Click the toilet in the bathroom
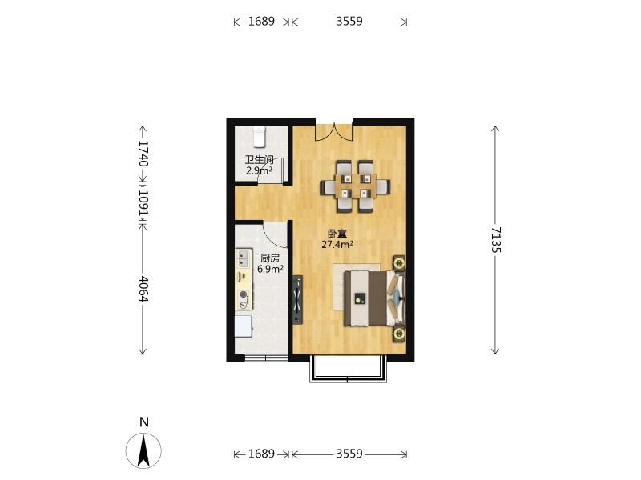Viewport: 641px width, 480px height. pyautogui.click(x=260, y=137)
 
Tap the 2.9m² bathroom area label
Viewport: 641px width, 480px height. pyautogui.click(x=260, y=170)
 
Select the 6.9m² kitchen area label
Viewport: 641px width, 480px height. pyautogui.click(x=270, y=269)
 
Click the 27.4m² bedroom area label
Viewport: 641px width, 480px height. pyautogui.click(x=337, y=245)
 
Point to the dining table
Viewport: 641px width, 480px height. pyautogui.click(x=355, y=186)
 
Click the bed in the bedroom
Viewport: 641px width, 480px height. pyautogui.click(x=370, y=298)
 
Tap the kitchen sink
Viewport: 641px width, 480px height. pyautogui.click(x=244, y=258)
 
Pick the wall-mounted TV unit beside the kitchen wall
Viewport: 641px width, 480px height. pyautogui.click(x=297, y=300)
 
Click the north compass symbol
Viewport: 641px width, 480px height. pyautogui.click(x=143, y=450)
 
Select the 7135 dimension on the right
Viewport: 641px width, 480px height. pyautogui.click(x=495, y=240)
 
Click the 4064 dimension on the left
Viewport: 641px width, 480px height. pyautogui.click(x=143, y=289)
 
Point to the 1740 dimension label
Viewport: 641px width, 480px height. pyautogui.click(x=143, y=154)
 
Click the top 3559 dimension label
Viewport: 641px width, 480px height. pyautogui.click(x=349, y=22)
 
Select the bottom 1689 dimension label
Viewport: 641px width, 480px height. pyautogui.click(x=261, y=454)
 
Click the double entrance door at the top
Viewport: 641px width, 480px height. pyautogui.click(x=334, y=130)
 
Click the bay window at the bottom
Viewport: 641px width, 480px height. pyautogui.click(x=349, y=370)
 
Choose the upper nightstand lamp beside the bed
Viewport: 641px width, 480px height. pyautogui.click(x=399, y=262)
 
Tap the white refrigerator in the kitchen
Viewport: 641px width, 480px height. pyautogui.click(x=244, y=326)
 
